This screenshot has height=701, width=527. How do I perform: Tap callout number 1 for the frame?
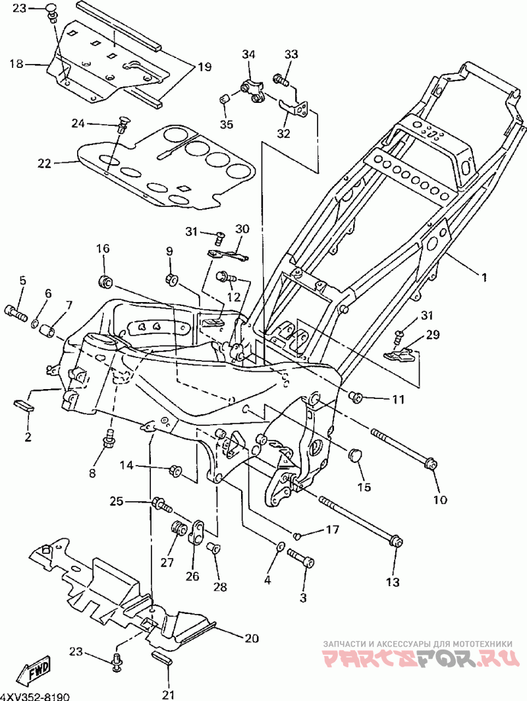484,277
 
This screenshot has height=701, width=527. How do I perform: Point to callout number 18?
16,64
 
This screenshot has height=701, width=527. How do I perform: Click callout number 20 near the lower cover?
252,638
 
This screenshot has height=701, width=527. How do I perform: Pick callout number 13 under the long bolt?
393,582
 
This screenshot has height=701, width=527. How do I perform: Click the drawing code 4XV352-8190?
35,696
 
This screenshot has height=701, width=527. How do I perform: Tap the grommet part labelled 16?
106,282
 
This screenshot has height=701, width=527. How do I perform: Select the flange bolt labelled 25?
162,504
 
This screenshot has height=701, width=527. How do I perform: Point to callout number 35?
227,124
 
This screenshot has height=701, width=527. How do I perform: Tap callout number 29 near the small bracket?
433,334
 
